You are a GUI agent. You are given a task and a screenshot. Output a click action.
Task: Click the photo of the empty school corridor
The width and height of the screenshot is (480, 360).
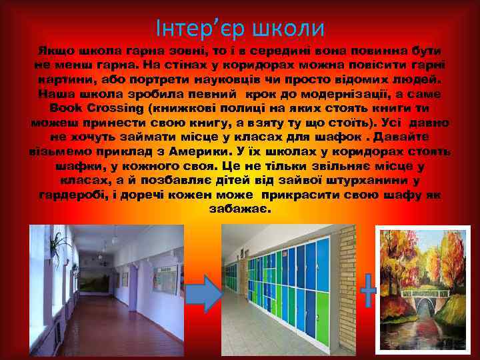[107, 291]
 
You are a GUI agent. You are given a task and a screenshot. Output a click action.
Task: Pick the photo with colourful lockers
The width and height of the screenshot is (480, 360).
[280, 291]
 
